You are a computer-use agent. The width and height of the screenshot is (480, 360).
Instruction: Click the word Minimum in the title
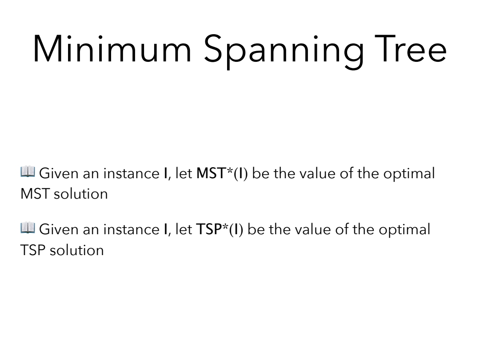[x=112, y=49]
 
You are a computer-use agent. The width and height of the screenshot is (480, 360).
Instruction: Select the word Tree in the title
[x=410, y=48]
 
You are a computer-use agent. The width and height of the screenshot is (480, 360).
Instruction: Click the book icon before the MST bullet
[x=28, y=172]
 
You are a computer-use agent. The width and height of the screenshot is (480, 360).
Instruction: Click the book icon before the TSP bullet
[x=28, y=228]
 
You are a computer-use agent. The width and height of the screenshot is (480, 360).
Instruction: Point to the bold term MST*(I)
[x=222, y=173]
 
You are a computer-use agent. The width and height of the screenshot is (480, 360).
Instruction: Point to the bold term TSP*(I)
[x=220, y=229]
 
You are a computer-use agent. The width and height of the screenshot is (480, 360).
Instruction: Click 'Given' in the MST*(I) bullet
[x=59, y=173]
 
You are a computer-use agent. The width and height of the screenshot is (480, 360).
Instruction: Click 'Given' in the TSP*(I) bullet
[x=59, y=229]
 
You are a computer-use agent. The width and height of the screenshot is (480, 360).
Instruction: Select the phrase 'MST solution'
[x=64, y=194]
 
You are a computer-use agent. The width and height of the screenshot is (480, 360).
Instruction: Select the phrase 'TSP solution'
[x=62, y=250]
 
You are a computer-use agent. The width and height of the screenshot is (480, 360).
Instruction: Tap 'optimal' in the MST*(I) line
[x=409, y=174]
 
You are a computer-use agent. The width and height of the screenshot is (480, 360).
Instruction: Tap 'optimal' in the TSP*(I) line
[x=404, y=230]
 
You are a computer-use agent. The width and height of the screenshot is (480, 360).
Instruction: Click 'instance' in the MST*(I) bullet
[x=131, y=174]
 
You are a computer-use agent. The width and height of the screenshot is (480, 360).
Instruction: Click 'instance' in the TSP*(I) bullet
[x=131, y=230]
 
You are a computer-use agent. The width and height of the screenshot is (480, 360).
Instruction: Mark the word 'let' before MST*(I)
[x=184, y=173]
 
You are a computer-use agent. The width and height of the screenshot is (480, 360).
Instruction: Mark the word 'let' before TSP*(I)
[x=184, y=229]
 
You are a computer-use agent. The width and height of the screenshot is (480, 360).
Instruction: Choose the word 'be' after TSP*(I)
[x=256, y=229]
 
